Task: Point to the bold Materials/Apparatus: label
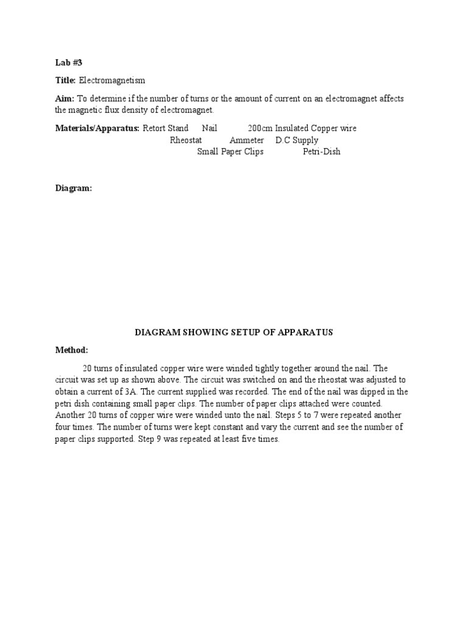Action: (x=97, y=129)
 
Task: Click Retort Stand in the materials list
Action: (x=166, y=129)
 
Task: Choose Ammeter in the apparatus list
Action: (x=247, y=140)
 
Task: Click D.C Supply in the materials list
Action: (x=297, y=140)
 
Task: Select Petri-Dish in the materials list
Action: (x=322, y=152)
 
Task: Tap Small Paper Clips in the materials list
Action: (x=230, y=152)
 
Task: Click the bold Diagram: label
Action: (x=74, y=189)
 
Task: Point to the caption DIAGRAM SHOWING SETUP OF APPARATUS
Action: (x=234, y=333)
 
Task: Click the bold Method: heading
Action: (x=72, y=350)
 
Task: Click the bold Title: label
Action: (x=65, y=80)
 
